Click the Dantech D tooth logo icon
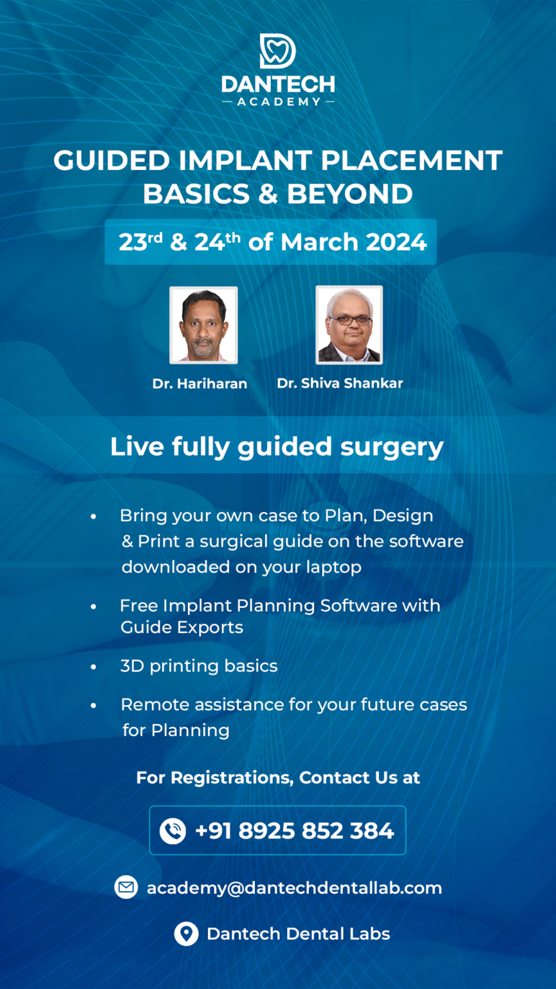point(277,51)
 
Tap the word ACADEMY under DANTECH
point(277,101)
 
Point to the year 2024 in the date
point(396,242)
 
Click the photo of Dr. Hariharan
point(203,325)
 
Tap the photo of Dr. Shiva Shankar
point(349,325)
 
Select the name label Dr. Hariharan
point(199,384)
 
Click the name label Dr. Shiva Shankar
point(340,383)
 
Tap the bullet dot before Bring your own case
point(94,516)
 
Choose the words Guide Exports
point(181,627)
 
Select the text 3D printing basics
point(199,666)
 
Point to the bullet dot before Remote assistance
point(94,705)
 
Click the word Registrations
point(231,777)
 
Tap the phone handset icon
point(172,831)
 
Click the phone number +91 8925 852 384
point(294,831)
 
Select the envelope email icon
point(126,887)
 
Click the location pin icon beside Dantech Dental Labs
point(186,934)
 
